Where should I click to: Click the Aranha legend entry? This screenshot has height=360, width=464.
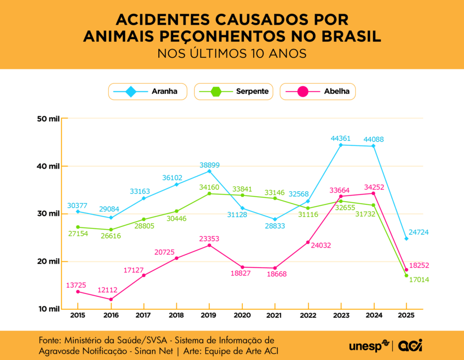[147, 92]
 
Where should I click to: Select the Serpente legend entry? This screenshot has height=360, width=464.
[234, 92]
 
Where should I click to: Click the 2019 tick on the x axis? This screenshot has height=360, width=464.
[209, 315]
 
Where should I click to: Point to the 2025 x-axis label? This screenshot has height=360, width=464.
[407, 315]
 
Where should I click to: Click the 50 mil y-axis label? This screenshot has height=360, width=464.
[48, 119]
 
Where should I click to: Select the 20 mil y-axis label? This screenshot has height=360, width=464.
[48, 261]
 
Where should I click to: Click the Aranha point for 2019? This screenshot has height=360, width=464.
[209, 171]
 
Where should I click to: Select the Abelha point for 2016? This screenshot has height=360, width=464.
[111, 299]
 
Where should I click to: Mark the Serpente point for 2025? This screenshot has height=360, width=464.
[407, 275]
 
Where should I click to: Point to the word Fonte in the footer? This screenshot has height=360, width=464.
[49, 340]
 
